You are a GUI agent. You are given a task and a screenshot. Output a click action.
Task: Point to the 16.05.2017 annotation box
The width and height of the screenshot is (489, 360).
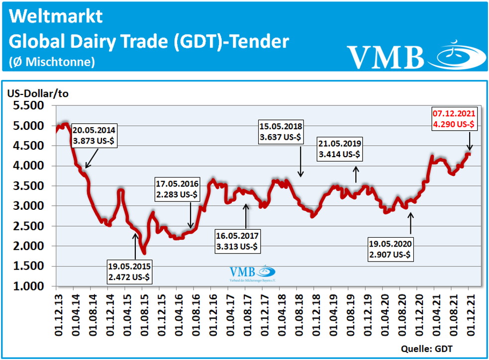[237, 241]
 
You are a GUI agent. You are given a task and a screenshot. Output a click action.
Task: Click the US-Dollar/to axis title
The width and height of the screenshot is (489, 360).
[37, 93]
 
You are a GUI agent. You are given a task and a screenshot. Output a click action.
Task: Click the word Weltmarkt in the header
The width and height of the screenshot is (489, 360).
[56, 16]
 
